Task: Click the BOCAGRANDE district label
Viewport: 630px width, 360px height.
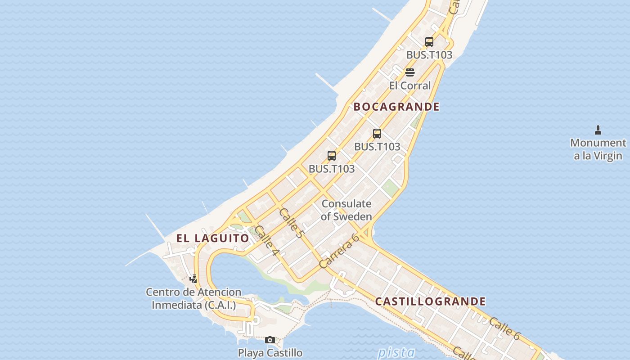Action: (x=396, y=107)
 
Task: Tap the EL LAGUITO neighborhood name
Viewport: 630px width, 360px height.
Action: (x=212, y=238)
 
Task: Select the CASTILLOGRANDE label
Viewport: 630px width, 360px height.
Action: (x=430, y=301)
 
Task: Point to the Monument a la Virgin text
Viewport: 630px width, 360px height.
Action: (x=598, y=149)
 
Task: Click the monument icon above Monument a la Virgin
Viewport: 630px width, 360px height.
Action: (x=598, y=130)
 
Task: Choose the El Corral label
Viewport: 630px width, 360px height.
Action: (x=409, y=85)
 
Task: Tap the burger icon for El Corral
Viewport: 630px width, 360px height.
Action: (x=409, y=72)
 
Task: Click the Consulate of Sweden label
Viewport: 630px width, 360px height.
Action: (x=346, y=210)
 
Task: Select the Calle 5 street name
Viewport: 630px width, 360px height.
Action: (x=292, y=223)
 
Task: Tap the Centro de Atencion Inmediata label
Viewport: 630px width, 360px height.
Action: (x=193, y=298)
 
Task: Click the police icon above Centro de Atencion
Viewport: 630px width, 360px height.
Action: (x=193, y=279)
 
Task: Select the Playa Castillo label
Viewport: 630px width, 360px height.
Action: (x=270, y=352)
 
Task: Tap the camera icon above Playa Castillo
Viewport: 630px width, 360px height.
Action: (x=270, y=340)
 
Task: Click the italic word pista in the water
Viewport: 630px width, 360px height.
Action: (x=396, y=352)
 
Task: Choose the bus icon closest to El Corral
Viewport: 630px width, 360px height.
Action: (x=429, y=42)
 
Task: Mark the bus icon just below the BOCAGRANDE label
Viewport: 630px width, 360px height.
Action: (x=377, y=134)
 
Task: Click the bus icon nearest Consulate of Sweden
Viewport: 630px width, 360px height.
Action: (x=332, y=156)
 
